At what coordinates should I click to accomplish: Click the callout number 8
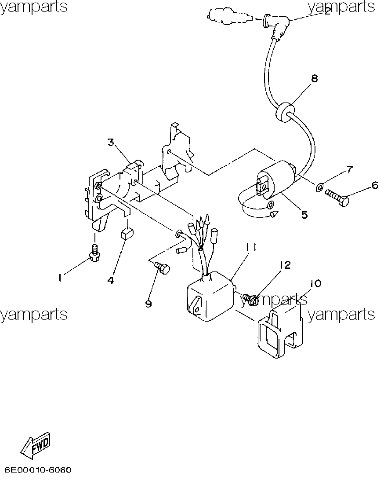point(314,78)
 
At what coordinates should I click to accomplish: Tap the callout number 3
point(111,142)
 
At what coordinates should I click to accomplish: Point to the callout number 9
point(148,304)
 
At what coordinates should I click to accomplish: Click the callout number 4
point(111,280)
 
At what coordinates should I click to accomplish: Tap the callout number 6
point(375,186)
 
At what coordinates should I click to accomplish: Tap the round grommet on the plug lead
point(285,113)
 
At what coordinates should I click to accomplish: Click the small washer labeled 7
point(319,187)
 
